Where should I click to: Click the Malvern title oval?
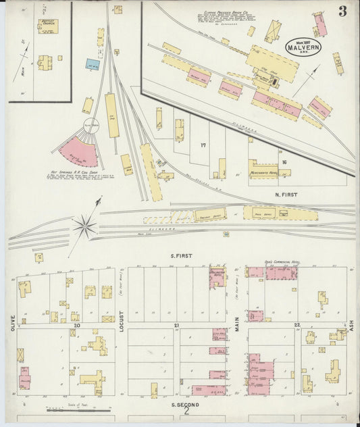coord(303,46)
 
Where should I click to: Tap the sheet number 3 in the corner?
coord(343,11)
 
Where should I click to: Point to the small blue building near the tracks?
coord(93,64)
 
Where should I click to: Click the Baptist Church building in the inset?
coord(48,26)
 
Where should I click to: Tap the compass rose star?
coord(85,226)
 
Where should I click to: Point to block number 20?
coord(78,325)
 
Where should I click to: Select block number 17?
coord(202,145)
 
